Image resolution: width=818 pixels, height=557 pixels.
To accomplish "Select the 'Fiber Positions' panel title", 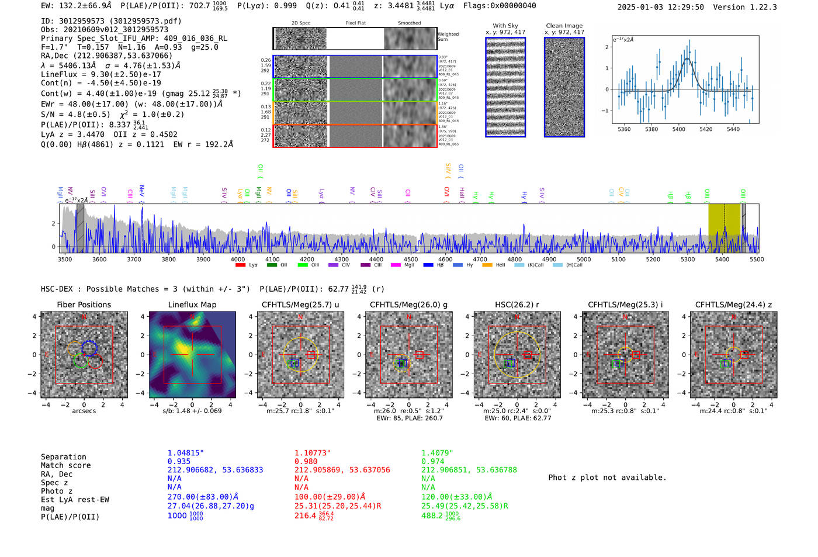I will [x=84, y=305].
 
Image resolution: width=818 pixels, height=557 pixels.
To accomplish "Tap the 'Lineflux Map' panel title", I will [x=192, y=305].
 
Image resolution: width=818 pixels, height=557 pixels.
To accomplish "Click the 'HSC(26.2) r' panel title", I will [x=517, y=305].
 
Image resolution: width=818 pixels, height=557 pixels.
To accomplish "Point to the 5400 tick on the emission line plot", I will [x=678, y=129].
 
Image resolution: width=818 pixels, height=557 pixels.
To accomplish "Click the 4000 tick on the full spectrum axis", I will [x=238, y=260].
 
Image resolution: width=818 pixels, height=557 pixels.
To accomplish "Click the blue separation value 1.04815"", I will [x=185, y=453].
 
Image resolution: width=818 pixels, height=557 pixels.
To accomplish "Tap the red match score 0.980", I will [x=306, y=462].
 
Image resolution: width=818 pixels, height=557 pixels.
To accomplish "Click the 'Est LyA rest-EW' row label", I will [x=75, y=500].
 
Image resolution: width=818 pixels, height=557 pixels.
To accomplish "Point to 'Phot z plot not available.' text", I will [x=607, y=478].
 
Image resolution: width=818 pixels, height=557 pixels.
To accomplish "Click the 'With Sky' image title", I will [x=505, y=26].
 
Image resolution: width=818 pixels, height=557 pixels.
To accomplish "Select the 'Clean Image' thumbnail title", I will [x=564, y=26].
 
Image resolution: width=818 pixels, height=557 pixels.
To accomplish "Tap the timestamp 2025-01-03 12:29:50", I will [x=660, y=7].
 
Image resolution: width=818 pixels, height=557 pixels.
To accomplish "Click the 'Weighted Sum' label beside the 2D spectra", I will [x=448, y=37].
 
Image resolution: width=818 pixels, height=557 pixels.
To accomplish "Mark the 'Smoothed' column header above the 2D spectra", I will [x=409, y=23].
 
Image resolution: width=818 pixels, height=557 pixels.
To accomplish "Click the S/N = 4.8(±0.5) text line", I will [x=112, y=115].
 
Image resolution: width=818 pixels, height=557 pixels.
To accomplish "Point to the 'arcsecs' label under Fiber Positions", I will [x=84, y=411].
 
